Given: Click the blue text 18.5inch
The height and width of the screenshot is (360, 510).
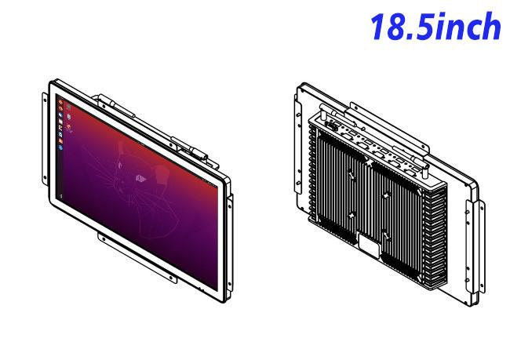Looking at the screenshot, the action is pyautogui.click(x=435, y=27).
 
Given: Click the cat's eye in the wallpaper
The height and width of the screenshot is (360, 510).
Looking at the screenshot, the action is pyautogui.click(x=140, y=178).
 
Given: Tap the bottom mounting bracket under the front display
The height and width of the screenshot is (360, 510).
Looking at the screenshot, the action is pyautogui.click(x=137, y=257).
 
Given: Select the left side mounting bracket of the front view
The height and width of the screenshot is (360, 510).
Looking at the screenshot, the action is pyautogui.click(x=45, y=139).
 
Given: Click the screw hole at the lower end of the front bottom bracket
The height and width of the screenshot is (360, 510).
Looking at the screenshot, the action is pyautogui.click(x=171, y=278).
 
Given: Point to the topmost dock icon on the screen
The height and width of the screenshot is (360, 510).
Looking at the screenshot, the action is pyautogui.click(x=60, y=102).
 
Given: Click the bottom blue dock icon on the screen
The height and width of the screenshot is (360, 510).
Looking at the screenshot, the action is pyautogui.click(x=60, y=147).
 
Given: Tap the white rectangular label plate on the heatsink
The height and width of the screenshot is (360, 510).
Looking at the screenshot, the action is pyautogui.click(x=369, y=245).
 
